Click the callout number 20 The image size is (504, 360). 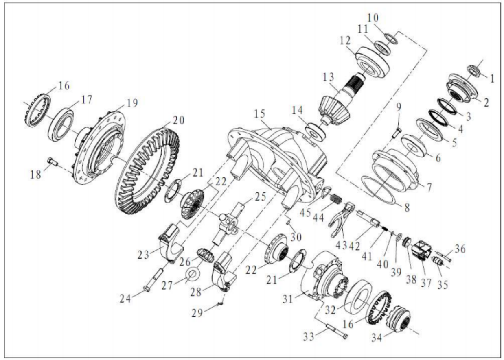tap(178, 120)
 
